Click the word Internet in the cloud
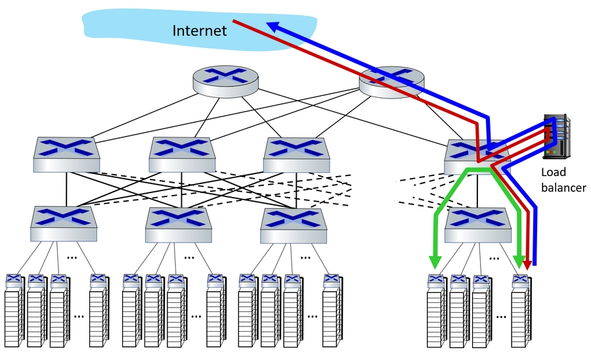199,30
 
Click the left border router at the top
225,79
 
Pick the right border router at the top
392,80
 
